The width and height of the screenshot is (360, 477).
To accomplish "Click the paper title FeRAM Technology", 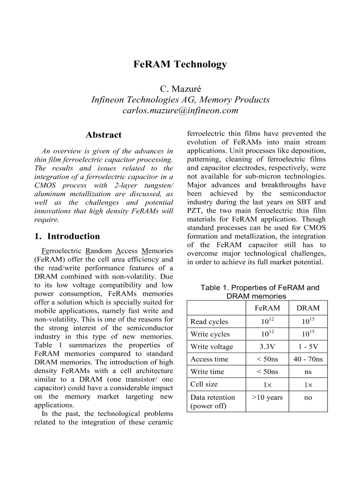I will tap(180, 64).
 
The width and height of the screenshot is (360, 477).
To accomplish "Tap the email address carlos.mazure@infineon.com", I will tap(180, 111).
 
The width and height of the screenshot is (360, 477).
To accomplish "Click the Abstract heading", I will tap(103, 135).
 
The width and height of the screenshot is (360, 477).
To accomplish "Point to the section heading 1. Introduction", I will tap(67, 236).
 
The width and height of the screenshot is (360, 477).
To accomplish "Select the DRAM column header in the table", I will tap(308, 308).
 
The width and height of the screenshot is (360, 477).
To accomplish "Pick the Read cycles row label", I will tap(209, 322).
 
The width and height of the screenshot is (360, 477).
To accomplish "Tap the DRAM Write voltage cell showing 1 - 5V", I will tap(308, 347).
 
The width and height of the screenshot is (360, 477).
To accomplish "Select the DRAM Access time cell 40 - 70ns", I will tap(308, 359).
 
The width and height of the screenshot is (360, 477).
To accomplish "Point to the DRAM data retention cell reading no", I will tap(308, 397).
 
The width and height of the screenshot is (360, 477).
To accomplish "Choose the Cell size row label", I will tap(204, 384).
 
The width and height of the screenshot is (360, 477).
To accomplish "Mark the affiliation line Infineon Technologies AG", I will tap(180, 100).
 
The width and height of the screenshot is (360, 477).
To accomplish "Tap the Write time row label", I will tap(207, 372).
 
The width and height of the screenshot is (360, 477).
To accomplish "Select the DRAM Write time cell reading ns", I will tap(308, 372).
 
